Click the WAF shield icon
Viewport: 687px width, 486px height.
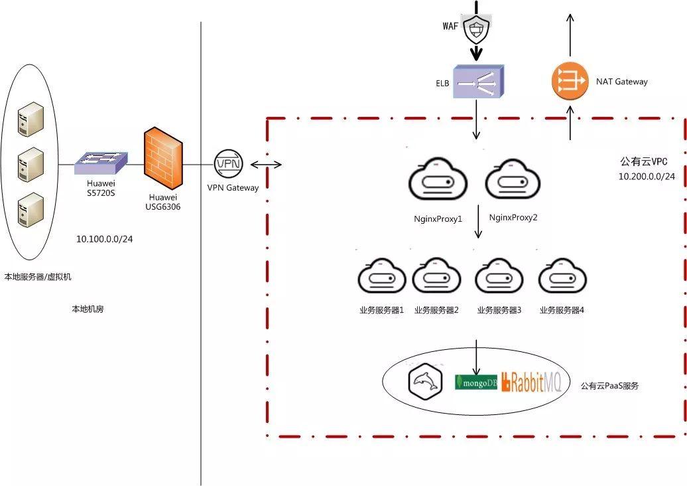pyautogui.click(x=475, y=29)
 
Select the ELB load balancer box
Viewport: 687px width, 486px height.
pyautogui.click(x=478, y=82)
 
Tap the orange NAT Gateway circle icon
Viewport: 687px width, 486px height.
pyautogui.click(x=570, y=81)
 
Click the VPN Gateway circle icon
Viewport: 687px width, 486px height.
pyautogui.click(x=229, y=164)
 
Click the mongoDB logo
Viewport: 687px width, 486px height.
pyautogui.click(x=476, y=382)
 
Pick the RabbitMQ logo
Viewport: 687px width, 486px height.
pyautogui.click(x=532, y=382)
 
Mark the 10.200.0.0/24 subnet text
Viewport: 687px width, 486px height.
pyautogui.click(x=647, y=177)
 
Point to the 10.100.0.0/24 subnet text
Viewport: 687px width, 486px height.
pyautogui.click(x=104, y=238)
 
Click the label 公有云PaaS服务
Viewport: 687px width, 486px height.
pyautogui.click(x=609, y=385)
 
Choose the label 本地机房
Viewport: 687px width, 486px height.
pyautogui.click(x=88, y=309)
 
